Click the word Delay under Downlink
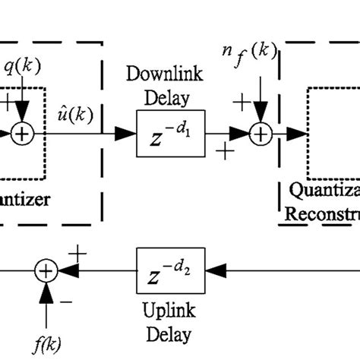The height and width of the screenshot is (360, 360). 165,96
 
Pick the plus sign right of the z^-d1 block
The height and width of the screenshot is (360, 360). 226,152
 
